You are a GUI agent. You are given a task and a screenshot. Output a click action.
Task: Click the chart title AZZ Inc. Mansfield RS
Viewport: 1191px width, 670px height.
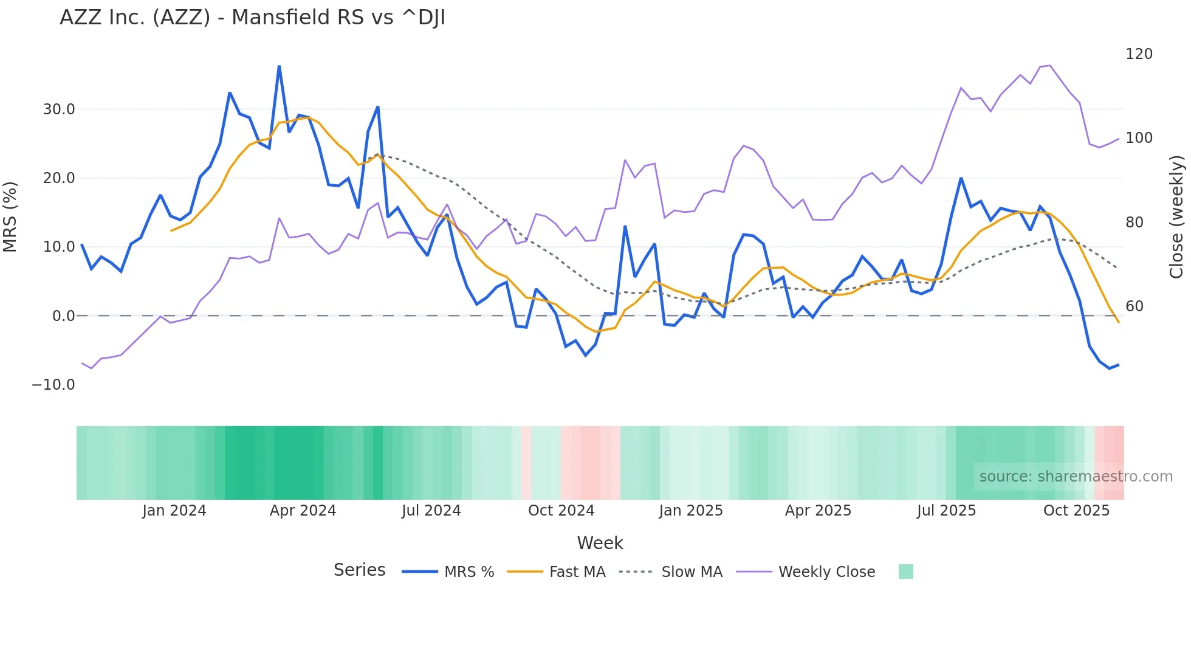252,18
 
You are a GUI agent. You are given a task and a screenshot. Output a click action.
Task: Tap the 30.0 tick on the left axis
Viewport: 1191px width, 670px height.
59,109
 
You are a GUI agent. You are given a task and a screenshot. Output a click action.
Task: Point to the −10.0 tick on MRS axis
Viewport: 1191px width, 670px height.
53,385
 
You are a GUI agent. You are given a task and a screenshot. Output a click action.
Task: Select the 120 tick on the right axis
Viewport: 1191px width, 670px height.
1139,54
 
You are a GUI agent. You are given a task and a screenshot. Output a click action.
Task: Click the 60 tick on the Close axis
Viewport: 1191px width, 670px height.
1134,306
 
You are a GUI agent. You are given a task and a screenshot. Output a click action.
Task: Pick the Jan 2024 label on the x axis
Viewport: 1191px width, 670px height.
174,511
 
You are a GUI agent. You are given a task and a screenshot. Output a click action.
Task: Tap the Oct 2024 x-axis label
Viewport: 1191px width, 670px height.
561,511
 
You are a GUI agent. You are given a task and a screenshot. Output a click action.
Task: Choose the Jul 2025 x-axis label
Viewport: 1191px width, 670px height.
946,511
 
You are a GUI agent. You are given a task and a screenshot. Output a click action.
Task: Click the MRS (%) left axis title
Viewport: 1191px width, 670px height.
10,217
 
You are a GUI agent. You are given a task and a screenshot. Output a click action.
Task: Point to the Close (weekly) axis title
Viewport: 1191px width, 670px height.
1177,217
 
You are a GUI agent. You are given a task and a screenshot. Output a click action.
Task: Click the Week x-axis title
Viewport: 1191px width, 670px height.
600,543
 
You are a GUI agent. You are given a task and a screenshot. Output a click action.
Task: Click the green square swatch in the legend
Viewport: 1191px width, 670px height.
905,572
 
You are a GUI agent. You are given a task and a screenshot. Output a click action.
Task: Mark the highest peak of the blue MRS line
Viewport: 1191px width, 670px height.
279,66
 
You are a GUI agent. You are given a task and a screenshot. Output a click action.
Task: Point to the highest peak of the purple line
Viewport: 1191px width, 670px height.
1049,66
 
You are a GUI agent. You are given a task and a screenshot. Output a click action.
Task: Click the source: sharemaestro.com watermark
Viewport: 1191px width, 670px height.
1076,477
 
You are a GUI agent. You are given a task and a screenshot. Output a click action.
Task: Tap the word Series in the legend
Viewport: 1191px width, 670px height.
359,570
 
